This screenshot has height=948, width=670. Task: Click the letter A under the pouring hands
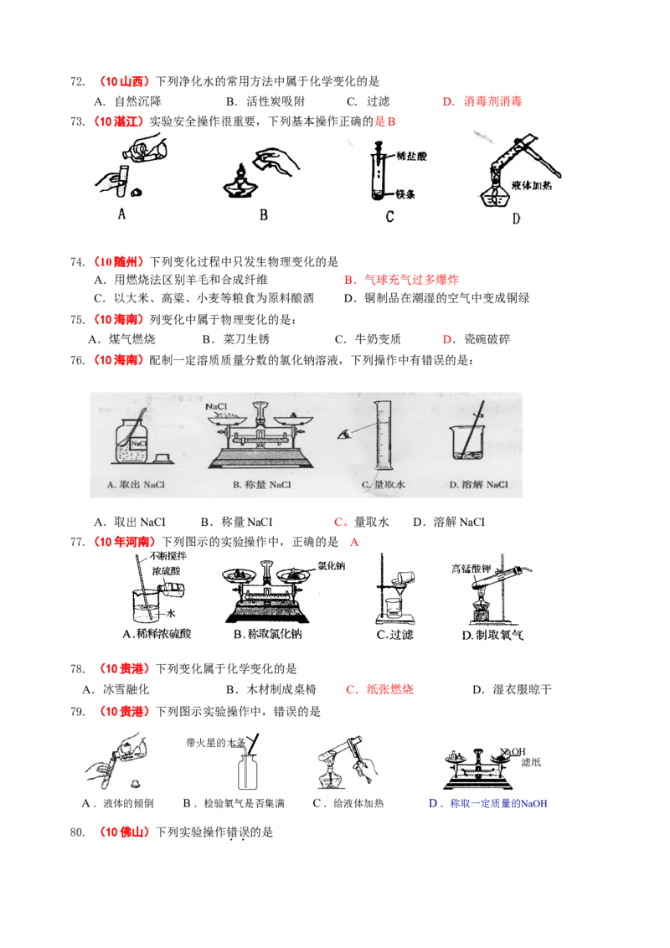121,214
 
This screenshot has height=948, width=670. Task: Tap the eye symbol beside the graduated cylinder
343,433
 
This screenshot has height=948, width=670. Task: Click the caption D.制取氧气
492,634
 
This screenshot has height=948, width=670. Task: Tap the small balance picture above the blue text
478,766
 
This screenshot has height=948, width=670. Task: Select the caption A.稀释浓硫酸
157,634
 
